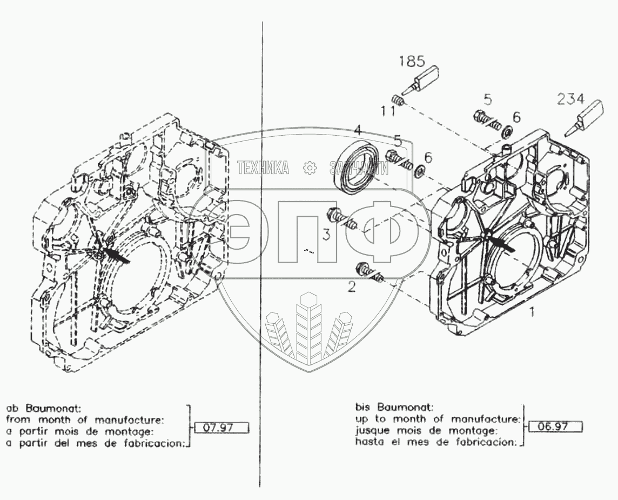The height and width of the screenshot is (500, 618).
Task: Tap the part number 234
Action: point(570,99)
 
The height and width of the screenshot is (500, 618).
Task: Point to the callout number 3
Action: point(326,234)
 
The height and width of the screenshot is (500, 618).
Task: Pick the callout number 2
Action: point(352,287)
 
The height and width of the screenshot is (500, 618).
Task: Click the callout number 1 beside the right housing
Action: point(532,312)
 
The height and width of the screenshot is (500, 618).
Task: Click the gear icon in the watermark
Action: point(310,168)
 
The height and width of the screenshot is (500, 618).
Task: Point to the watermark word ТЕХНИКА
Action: point(263,168)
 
